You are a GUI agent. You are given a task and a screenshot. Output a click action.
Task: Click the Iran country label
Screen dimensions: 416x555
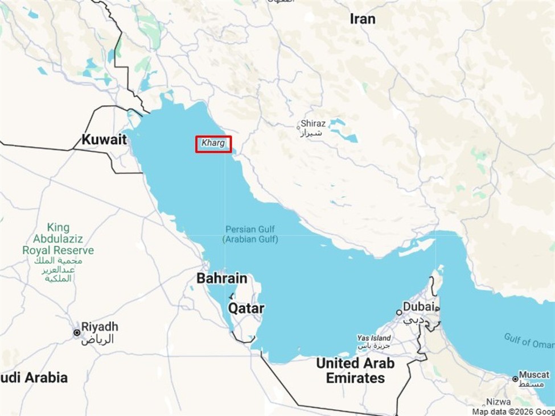point(363,19)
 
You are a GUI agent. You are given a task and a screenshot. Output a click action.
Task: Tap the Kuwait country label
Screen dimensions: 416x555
point(104,139)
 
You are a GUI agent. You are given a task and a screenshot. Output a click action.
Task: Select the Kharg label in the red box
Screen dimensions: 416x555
point(213,143)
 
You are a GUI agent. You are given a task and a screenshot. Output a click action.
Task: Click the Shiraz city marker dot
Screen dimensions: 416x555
point(298,127)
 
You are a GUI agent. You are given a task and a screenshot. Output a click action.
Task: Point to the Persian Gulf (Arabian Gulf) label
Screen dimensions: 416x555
point(250,234)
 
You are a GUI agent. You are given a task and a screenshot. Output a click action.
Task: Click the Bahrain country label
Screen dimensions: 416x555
point(222,278)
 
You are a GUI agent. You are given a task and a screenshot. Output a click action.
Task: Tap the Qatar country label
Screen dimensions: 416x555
point(246,308)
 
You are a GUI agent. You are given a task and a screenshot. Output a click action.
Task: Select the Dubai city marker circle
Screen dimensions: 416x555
point(400,312)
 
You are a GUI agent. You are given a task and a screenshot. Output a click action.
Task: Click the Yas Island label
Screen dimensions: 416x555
point(374,339)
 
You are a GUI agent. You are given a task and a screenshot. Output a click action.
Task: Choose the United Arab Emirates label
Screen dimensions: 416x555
point(355,370)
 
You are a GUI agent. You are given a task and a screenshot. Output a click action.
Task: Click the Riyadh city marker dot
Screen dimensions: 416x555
point(76,332)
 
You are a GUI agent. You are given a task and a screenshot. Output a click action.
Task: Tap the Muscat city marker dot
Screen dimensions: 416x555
point(515,378)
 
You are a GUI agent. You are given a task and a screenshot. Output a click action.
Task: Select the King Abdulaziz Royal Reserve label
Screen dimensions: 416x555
point(58,239)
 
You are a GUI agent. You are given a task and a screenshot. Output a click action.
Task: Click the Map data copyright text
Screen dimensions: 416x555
point(512,411)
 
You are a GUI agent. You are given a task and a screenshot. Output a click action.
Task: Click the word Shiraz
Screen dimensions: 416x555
point(313,123)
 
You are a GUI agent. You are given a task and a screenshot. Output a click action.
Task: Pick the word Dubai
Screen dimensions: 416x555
point(419,307)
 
